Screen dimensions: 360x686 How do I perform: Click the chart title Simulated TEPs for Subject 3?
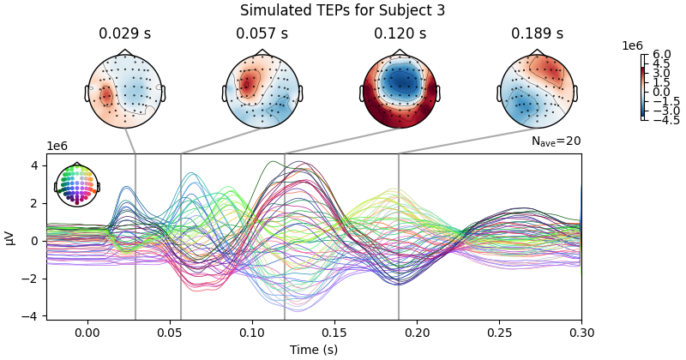point(342,11)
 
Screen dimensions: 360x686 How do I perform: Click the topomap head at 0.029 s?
point(125,90)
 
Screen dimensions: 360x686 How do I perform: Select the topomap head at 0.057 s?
point(262,90)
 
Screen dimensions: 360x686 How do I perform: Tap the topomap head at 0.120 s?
point(400,90)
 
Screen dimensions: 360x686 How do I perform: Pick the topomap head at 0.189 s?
point(537,90)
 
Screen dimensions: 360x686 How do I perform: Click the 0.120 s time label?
point(400,34)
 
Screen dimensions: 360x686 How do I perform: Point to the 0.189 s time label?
point(537,34)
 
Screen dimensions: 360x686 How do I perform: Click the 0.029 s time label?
point(125,34)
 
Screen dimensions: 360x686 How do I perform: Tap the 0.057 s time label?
point(262,34)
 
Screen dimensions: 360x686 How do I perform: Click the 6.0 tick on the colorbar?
point(662,55)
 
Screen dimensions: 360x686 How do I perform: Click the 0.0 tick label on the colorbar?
point(662,92)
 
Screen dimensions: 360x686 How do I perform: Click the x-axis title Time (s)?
point(313,350)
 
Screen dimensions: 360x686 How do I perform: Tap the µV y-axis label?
point(10,237)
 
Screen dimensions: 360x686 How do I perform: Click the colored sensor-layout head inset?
point(77,184)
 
